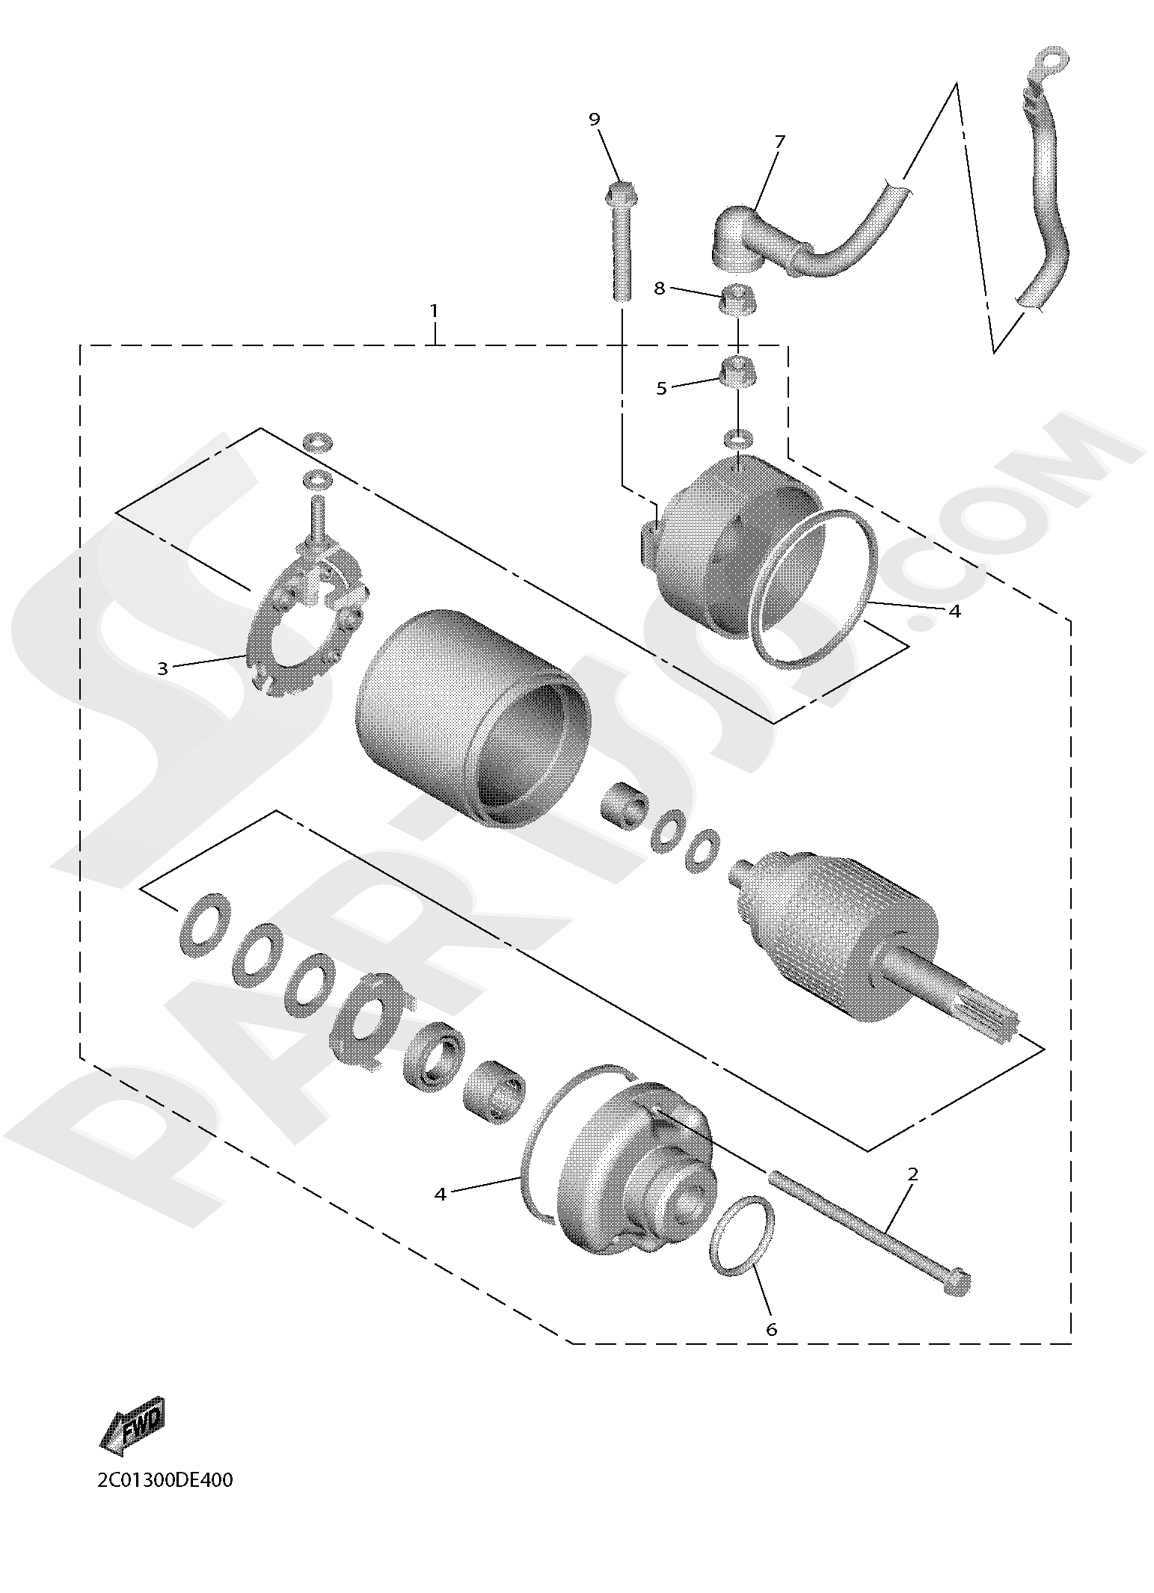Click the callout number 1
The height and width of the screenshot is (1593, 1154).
coord(434,311)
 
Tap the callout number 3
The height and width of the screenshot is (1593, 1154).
coord(163,668)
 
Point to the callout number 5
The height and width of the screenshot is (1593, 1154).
coord(661,388)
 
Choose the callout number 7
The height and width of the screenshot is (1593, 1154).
coord(780,141)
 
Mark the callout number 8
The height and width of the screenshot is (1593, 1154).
coord(659,289)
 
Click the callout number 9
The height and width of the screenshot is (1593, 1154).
coord(595,120)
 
